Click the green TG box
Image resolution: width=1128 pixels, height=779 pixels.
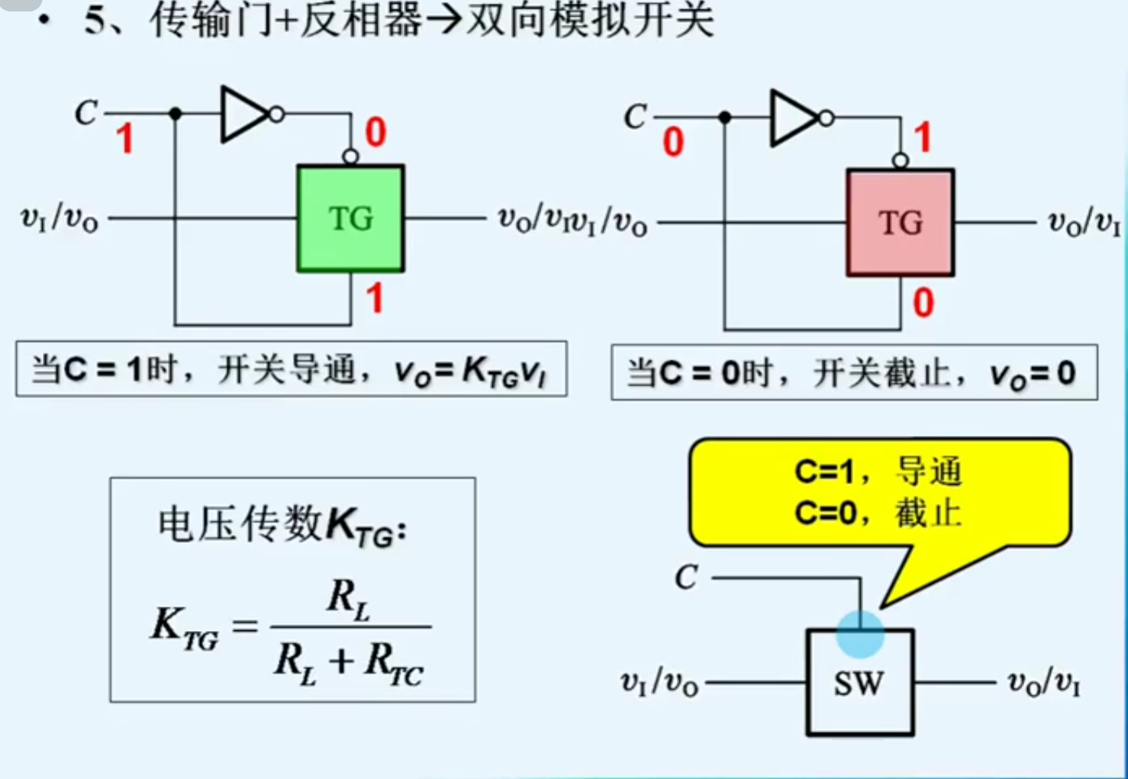click(350, 218)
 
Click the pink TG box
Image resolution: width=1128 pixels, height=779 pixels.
click(901, 222)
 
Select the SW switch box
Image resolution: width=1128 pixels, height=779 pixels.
click(859, 682)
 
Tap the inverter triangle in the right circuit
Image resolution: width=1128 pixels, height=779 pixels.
click(794, 118)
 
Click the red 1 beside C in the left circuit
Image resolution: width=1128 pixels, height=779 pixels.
click(124, 140)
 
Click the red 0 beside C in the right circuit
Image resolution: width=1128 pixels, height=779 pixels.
click(672, 142)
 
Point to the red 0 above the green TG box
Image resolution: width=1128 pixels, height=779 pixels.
click(375, 133)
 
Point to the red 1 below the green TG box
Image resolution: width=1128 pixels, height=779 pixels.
click(374, 298)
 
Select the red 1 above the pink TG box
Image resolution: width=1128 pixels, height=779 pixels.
click(923, 138)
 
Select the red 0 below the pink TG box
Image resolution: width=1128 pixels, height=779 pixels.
click(923, 303)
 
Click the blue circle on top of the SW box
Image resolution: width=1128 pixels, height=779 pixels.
click(860, 634)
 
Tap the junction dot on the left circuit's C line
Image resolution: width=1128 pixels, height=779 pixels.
click(176, 114)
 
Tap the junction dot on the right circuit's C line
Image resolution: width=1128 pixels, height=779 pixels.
click(725, 117)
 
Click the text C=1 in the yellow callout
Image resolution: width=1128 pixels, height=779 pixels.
click(824, 472)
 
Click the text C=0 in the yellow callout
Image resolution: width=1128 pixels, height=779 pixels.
click(824, 513)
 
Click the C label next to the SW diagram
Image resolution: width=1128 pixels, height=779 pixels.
click(686, 578)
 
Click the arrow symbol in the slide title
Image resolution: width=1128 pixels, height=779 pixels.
click(444, 20)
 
